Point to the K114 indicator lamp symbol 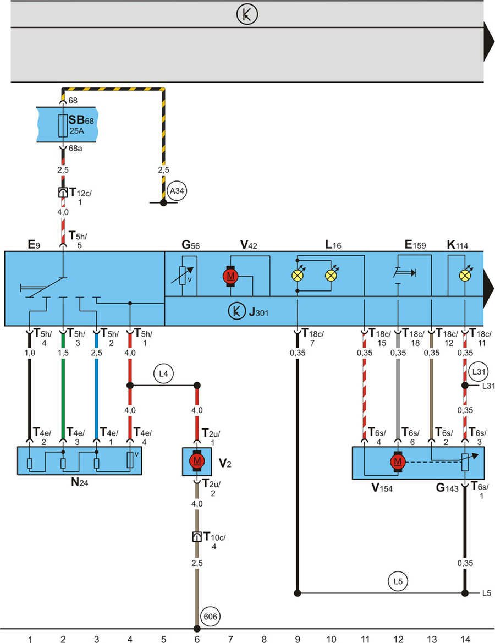[465, 276]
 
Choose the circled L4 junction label [163, 374]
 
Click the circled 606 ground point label [211, 616]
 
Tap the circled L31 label [476, 372]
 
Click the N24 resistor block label [80, 484]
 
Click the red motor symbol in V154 [397, 463]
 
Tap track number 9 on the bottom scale [298, 639]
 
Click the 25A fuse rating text [76, 131]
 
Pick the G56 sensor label [190, 244]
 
